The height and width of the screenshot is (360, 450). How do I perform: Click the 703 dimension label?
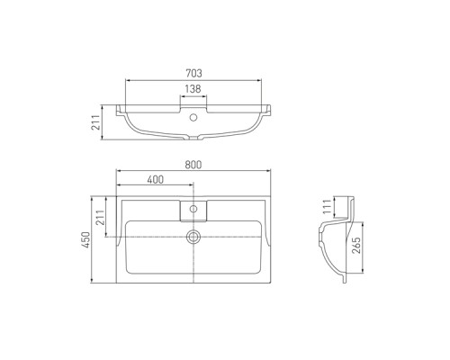[x=193, y=73]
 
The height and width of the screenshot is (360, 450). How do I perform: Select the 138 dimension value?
[x=193, y=89]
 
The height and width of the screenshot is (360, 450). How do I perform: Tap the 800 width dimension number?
[x=193, y=165]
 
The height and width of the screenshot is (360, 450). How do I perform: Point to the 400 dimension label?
[x=156, y=179]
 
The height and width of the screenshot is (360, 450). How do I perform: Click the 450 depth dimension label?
[x=86, y=239]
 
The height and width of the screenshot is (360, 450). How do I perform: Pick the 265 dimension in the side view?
[x=356, y=246]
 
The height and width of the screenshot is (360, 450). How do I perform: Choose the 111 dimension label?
[x=328, y=206]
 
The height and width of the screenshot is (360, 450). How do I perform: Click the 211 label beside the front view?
[x=96, y=122]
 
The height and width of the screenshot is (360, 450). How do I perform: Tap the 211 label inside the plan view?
[x=101, y=218]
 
